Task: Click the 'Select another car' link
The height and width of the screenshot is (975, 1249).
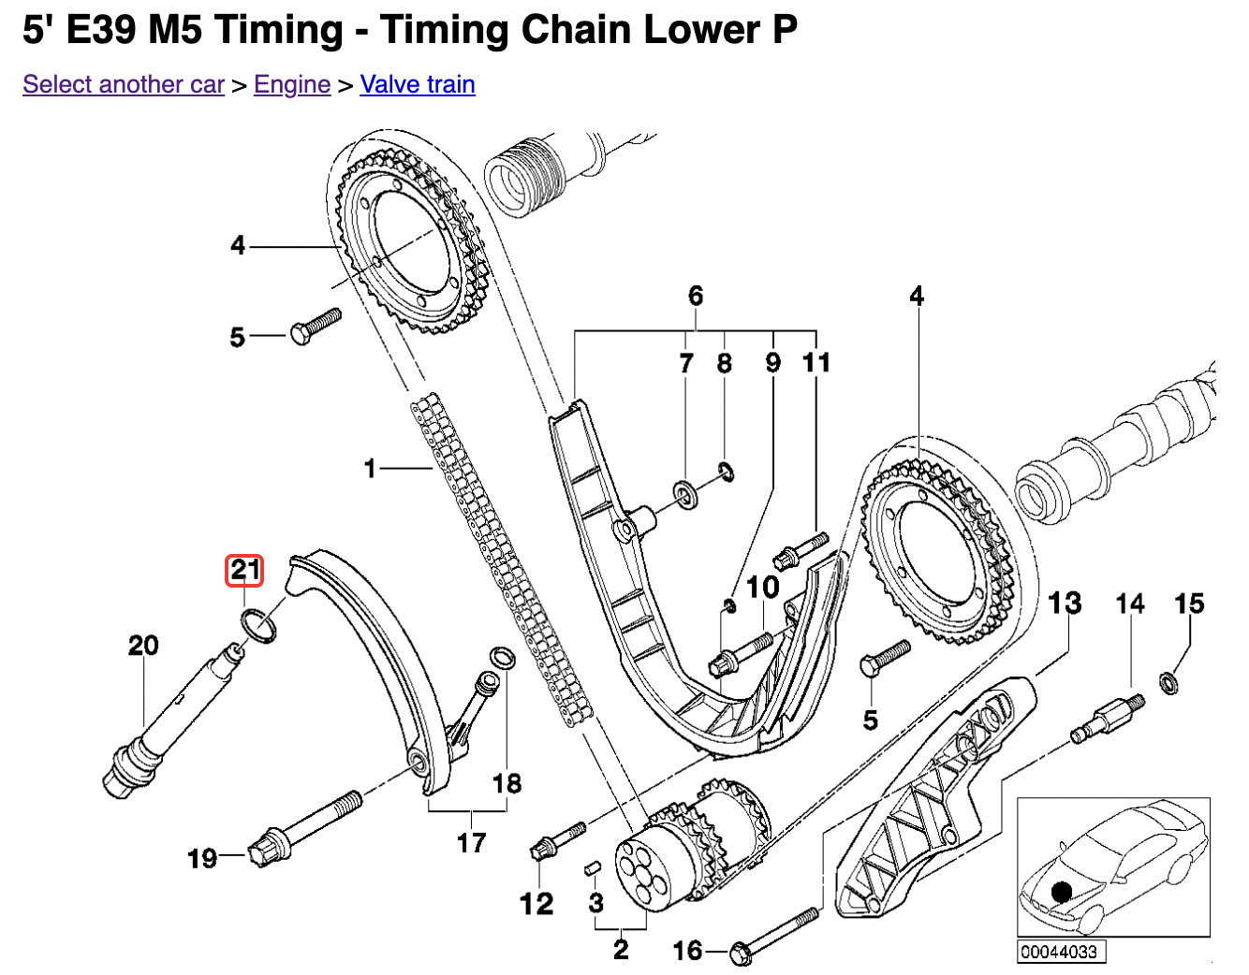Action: (x=124, y=84)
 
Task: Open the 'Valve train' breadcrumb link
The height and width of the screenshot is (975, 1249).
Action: (x=418, y=84)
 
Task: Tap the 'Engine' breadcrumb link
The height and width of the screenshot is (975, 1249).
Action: (x=292, y=84)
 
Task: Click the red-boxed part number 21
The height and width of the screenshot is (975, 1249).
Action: (x=244, y=570)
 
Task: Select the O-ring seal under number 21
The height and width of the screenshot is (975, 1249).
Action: (x=259, y=624)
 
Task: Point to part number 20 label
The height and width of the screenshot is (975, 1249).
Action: (x=143, y=646)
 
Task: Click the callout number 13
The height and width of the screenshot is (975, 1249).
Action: (x=1065, y=604)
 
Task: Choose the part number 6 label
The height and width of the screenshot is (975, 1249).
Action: (x=696, y=297)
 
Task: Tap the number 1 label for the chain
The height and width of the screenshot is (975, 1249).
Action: (x=370, y=468)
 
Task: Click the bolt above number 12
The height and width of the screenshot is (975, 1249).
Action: (x=558, y=838)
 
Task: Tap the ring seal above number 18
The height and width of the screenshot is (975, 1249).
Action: (x=502, y=657)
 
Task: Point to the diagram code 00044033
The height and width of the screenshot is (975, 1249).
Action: (x=1060, y=953)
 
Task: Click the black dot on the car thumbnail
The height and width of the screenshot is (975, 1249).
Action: (x=1061, y=892)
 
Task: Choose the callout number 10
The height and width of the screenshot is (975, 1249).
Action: (x=763, y=588)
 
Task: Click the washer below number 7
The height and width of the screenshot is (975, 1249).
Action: (x=686, y=494)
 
